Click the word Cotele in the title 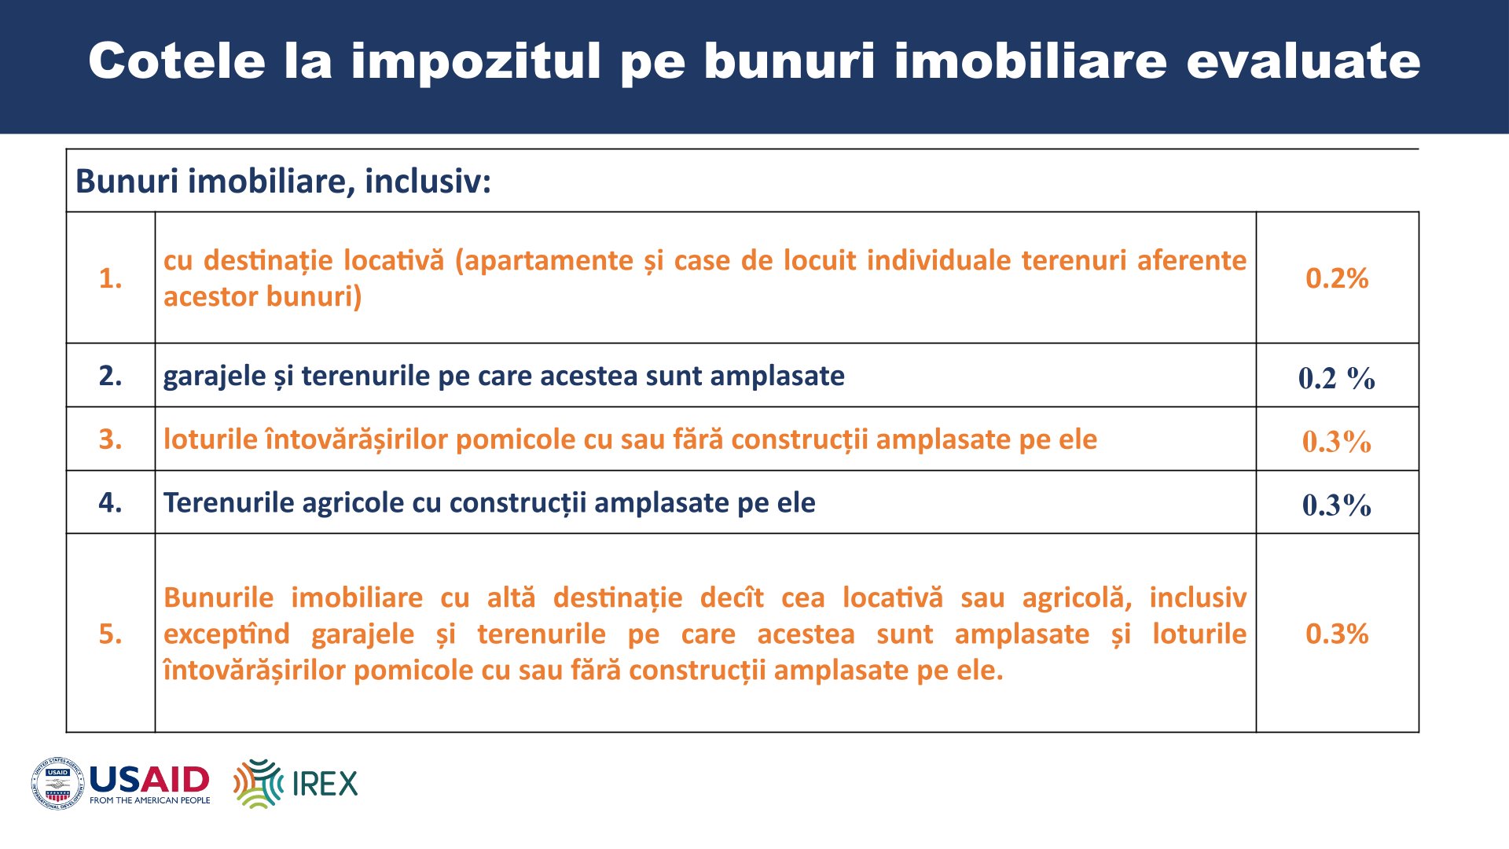click(178, 61)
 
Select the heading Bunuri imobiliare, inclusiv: click(283, 182)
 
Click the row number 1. click(111, 278)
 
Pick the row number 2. click(111, 376)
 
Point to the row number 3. click(111, 439)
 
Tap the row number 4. click(111, 502)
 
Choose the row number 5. click(111, 634)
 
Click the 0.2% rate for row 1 click(1337, 278)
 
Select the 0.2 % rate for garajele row click(1337, 378)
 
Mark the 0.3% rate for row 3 click(1337, 441)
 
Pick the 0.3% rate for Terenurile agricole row click(1337, 505)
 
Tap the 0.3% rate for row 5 click(1337, 634)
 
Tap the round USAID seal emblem click(57, 784)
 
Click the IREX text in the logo click(325, 784)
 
